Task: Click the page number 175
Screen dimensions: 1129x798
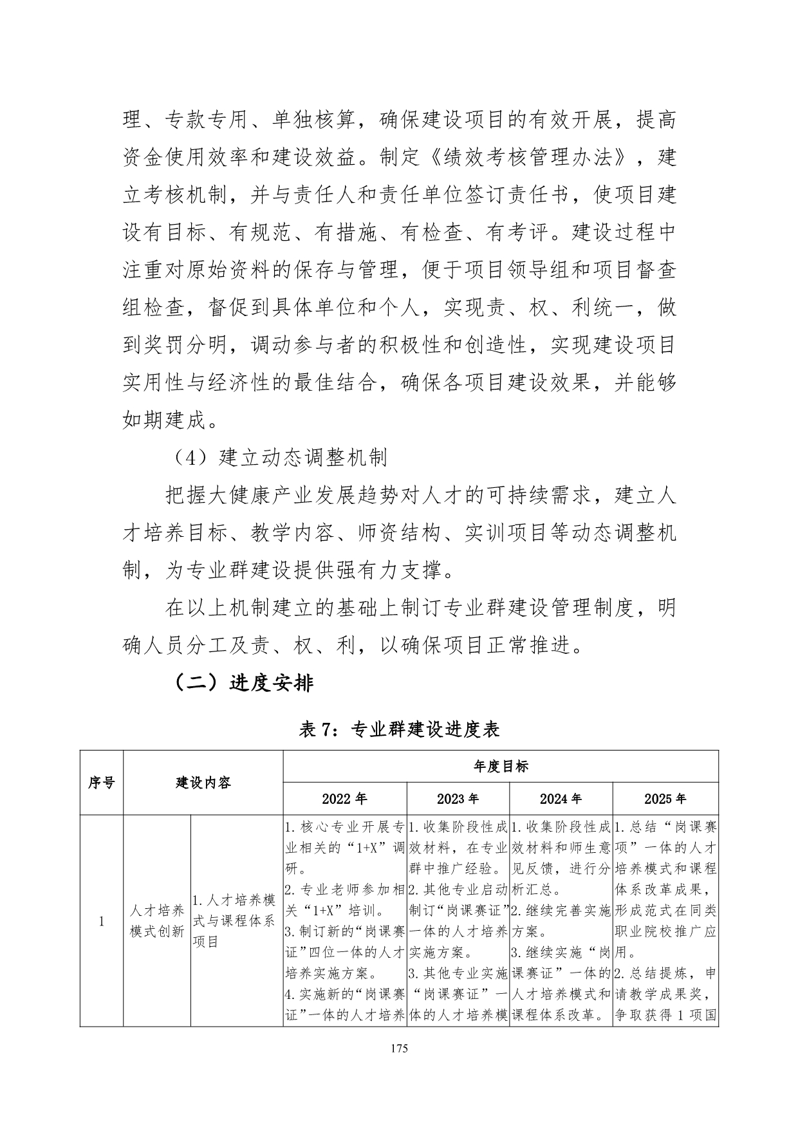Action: point(399,1049)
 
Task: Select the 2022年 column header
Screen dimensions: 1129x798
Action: point(344,799)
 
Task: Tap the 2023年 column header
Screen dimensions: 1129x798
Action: point(458,799)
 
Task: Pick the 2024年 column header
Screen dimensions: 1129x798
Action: point(561,799)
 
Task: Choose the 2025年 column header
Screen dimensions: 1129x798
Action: point(665,799)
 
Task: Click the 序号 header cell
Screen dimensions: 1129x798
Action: point(101,783)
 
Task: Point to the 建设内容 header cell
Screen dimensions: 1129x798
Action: point(203,783)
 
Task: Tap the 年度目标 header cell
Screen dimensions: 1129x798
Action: point(500,767)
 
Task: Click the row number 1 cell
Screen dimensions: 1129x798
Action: point(101,921)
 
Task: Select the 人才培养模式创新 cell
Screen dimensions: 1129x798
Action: point(157,921)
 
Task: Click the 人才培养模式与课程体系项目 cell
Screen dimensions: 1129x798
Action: point(236,921)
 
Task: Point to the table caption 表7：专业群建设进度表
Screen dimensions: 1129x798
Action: point(399,729)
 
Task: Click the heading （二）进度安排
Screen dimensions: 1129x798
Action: point(244,683)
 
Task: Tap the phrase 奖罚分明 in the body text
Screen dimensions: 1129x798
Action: point(186,345)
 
